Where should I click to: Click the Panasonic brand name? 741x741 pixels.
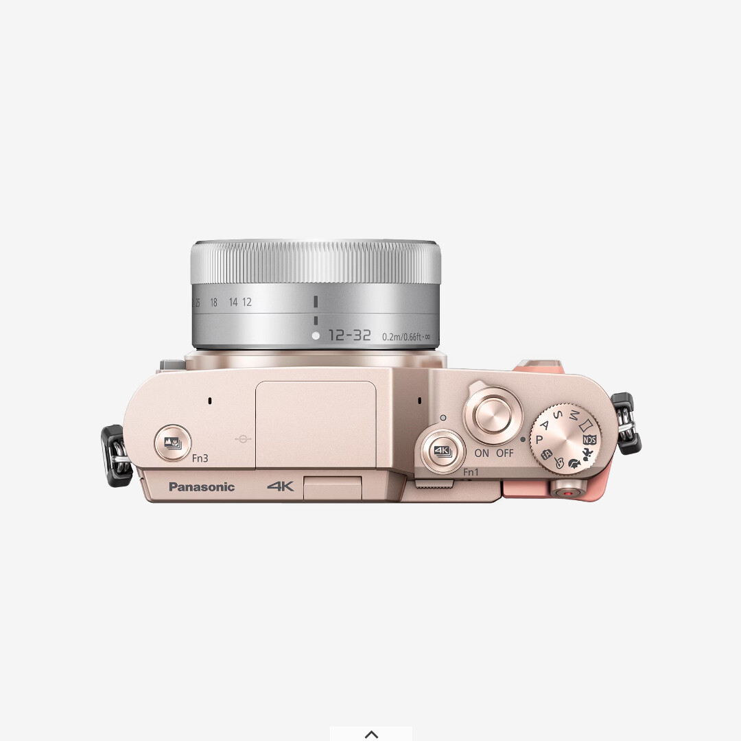[x=202, y=487]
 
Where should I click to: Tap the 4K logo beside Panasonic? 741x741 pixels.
[x=281, y=486]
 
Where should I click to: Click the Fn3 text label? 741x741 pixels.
[x=200, y=459]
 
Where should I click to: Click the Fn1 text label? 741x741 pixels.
[x=471, y=472]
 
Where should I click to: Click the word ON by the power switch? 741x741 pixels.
[x=482, y=454]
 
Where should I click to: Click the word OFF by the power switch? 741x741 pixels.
[x=505, y=454]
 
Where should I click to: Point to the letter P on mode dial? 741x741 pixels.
[x=539, y=439]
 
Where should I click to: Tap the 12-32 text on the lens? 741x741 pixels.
[x=349, y=336]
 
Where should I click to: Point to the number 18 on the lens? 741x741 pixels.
[x=213, y=303]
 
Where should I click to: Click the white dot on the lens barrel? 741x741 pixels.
[x=316, y=336]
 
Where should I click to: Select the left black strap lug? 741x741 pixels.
[x=117, y=456]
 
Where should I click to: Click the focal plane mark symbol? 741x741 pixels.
[x=242, y=439]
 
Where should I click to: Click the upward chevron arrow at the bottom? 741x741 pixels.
[x=371, y=734]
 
